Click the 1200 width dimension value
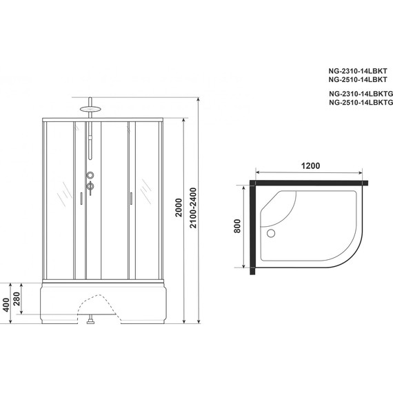pyautogui.click(x=311, y=166)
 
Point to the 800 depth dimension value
pyautogui.click(x=236, y=226)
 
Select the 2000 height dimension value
pyautogui.click(x=179, y=215)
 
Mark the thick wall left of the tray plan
pyautogui.click(x=252, y=228)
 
